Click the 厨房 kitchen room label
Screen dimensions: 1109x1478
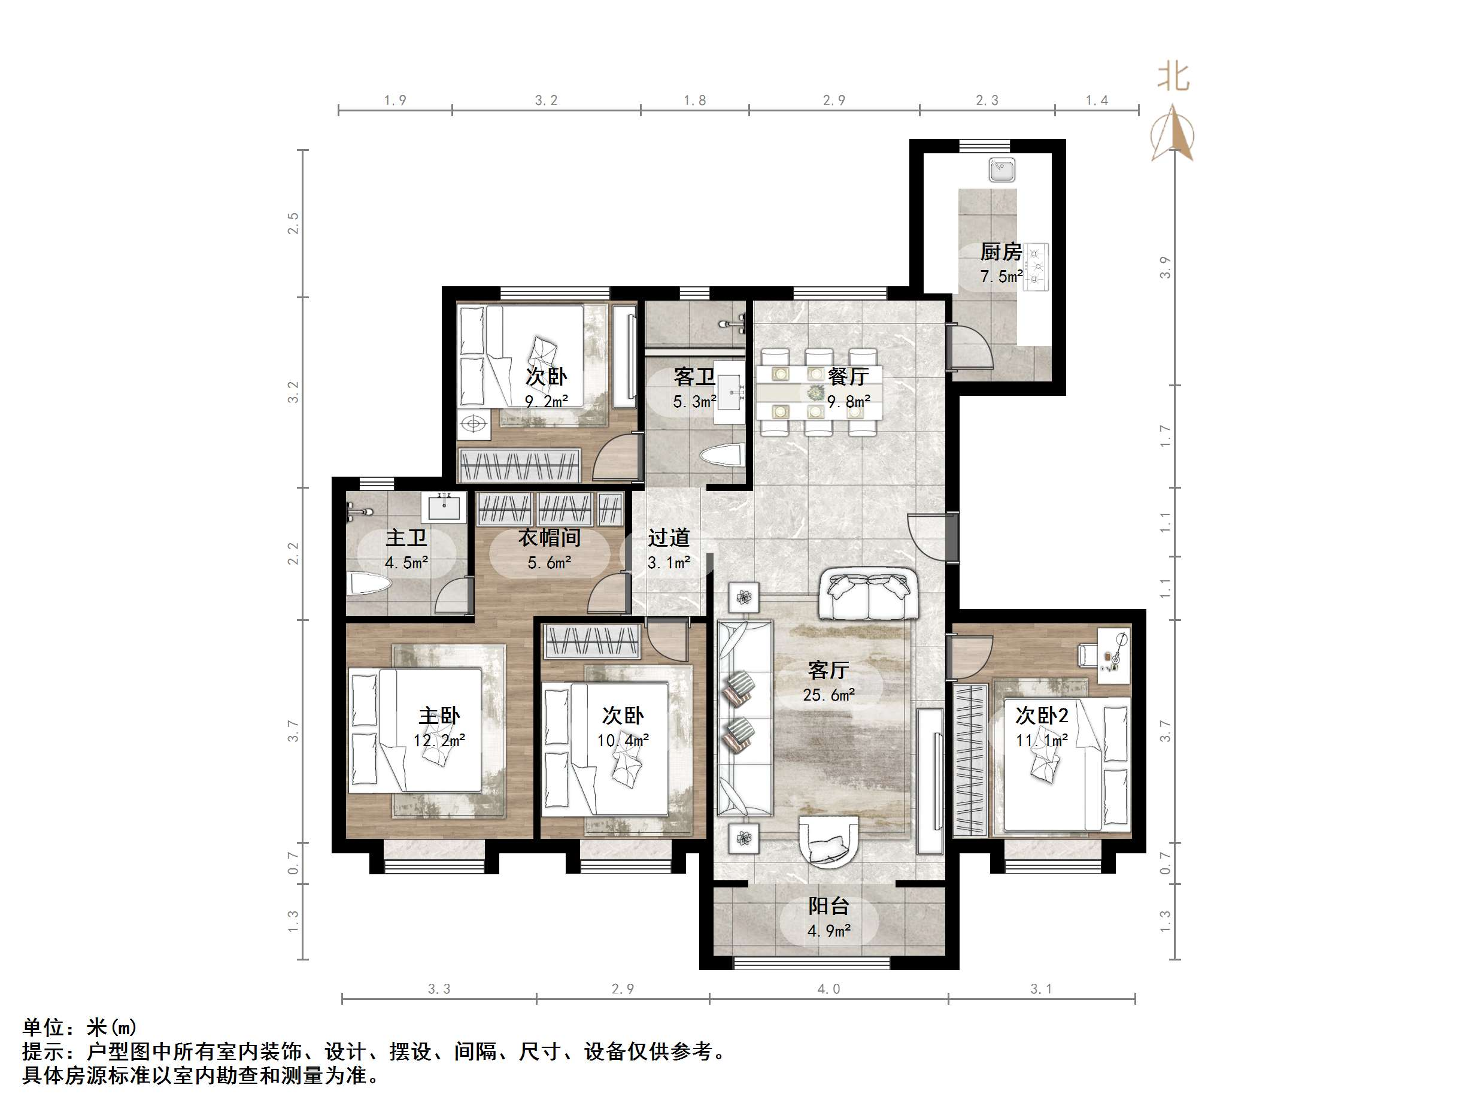1000,252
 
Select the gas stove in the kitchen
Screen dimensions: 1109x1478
1036,266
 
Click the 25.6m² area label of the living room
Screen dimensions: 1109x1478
828,695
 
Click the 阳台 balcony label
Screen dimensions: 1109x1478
828,906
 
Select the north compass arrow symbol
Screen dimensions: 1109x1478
1172,134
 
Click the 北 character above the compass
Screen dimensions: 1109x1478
1173,77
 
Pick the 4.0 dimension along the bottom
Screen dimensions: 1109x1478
828,989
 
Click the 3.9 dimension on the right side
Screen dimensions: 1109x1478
1165,268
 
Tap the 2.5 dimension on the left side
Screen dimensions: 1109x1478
293,223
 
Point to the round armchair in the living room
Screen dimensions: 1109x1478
828,841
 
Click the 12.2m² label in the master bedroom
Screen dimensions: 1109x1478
439,740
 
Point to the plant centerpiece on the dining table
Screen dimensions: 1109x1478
815,392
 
